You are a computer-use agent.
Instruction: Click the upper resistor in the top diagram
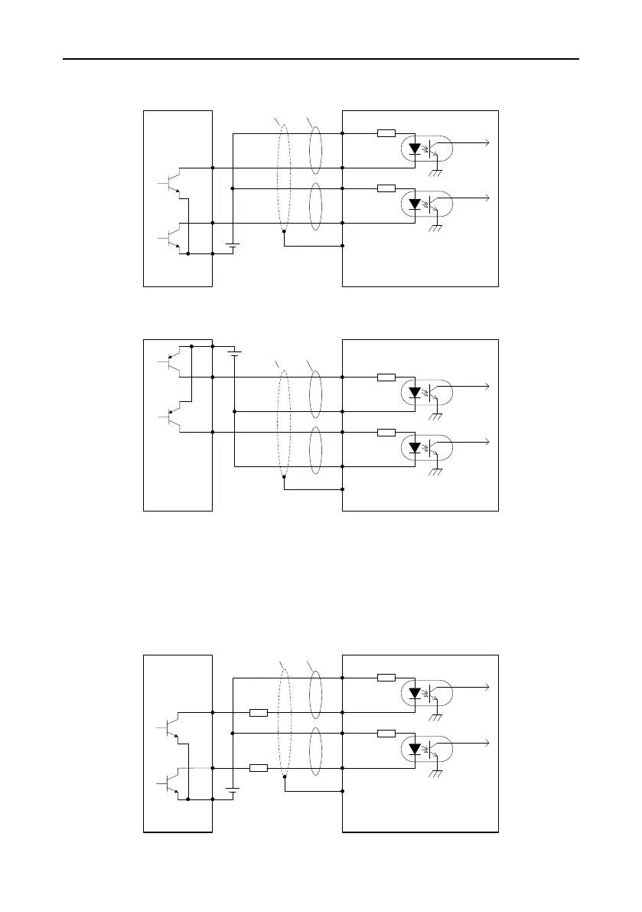[386, 132]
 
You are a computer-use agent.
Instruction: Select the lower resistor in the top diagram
[386, 188]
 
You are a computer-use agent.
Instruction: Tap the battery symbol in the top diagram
[233, 246]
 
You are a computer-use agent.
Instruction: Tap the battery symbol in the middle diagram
[234, 352]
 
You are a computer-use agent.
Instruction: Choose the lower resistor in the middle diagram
[386, 432]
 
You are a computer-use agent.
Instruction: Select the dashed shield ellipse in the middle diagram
[284, 426]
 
